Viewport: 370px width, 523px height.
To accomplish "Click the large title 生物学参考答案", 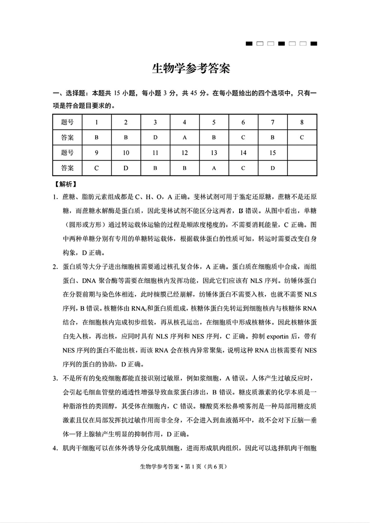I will [191, 69].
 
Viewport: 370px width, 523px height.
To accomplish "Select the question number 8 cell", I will [302, 122].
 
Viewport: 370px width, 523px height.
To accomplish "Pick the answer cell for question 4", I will [184, 138].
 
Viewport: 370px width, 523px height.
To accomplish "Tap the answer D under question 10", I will [126, 168].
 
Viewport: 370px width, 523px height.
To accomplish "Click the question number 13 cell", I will [214, 153].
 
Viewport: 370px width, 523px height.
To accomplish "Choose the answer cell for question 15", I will [272, 168].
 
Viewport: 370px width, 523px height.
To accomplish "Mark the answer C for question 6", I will [243, 138].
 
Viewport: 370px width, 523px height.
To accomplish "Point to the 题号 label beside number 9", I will [67, 153].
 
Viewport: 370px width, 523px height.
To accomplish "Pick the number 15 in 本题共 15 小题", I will [117, 93].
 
